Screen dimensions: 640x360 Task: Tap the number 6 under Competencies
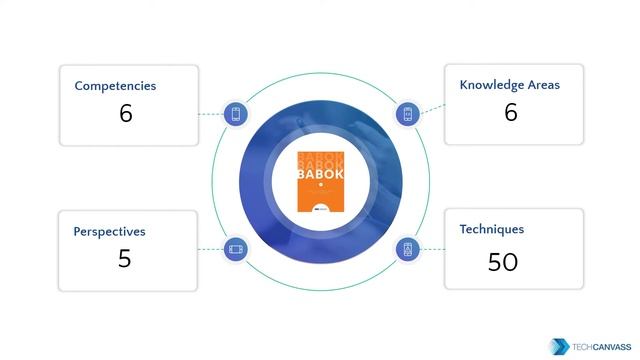click(125, 113)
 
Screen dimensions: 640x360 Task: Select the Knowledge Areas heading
click(509, 85)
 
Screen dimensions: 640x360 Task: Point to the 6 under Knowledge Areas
click(510, 112)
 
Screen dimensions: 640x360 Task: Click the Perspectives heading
click(109, 231)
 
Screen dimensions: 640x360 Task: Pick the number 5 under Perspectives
click(124, 259)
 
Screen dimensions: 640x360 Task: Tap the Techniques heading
click(491, 229)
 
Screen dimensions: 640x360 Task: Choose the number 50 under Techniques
click(502, 262)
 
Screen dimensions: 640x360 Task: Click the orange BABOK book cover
click(320, 181)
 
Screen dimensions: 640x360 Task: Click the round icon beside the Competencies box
click(236, 114)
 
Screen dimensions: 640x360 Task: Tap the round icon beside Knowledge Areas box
click(408, 114)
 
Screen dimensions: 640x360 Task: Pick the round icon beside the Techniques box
click(408, 249)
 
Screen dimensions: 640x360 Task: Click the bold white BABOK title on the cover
click(320, 174)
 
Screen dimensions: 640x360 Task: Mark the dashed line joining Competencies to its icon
click(209, 114)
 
